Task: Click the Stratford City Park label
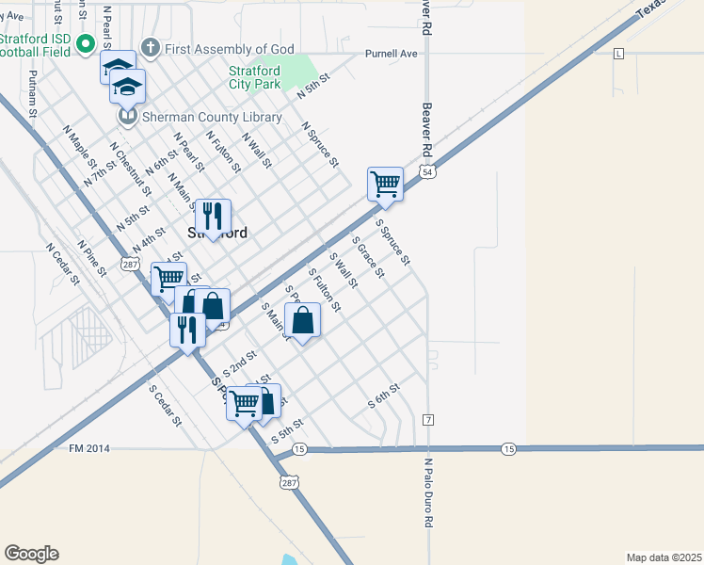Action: click(x=255, y=76)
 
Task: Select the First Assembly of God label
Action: click(x=230, y=49)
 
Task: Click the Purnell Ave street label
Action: click(x=392, y=54)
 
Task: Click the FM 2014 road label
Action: click(x=90, y=448)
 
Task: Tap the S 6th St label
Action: click(x=384, y=397)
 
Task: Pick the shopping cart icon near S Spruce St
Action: click(x=385, y=184)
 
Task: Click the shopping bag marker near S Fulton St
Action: click(x=303, y=321)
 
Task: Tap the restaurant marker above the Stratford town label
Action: click(x=213, y=218)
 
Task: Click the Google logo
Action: click(x=31, y=554)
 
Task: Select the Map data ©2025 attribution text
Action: click(x=663, y=557)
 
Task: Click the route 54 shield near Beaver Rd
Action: click(x=428, y=172)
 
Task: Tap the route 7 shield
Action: click(x=428, y=418)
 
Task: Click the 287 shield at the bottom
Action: click(x=288, y=480)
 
